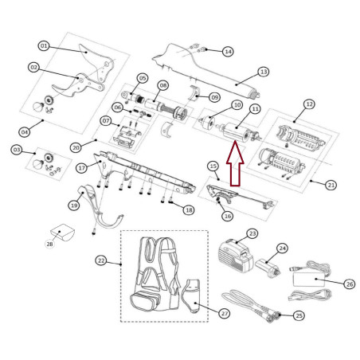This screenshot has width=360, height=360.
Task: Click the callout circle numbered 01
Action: click(x=44, y=46)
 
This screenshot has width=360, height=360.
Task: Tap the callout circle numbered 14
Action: click(x=228, y=51)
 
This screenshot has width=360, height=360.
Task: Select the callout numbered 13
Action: click(x=264, y=72)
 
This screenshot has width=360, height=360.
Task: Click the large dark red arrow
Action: click(x=235, y=163)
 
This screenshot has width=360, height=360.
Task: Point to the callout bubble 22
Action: click(x=101, y=260)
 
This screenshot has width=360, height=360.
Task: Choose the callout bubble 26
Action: click(x=350, y=284)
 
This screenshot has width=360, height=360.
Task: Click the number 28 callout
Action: click(x=50, y=244)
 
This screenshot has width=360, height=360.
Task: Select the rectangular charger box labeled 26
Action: click(x=309, y=280)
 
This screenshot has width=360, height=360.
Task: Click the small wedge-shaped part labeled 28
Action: click(x=63, y=233)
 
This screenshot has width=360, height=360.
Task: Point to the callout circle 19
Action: click(x=74, y=205)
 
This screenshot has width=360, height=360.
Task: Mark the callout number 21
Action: click(x=331, y=185)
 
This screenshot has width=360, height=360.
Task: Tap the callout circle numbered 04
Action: click(x=25, y=132)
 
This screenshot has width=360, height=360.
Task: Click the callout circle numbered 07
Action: click(x=106, y=121)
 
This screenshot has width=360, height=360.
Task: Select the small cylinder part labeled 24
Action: click(x=268, y=268)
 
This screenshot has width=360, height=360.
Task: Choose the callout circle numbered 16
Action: click(x=228, y=216)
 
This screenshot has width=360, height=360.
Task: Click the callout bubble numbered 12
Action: click(x=309, y=104)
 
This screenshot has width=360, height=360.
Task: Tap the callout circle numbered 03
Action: click(x=17, y=150)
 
